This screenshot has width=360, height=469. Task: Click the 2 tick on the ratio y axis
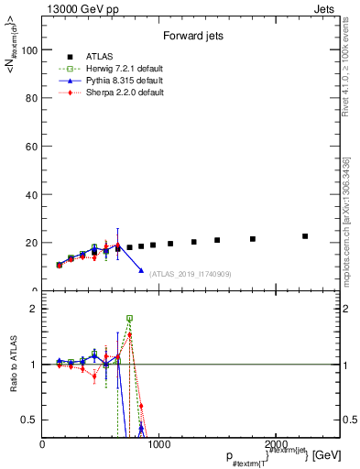tap(33, 309)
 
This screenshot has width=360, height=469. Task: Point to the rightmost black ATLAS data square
tap(305, 236)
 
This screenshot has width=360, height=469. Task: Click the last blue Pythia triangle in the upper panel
tap(141, 270)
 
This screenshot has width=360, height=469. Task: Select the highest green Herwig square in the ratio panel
tap(129, 318)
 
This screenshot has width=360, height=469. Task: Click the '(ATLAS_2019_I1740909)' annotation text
tap(190, 273)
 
